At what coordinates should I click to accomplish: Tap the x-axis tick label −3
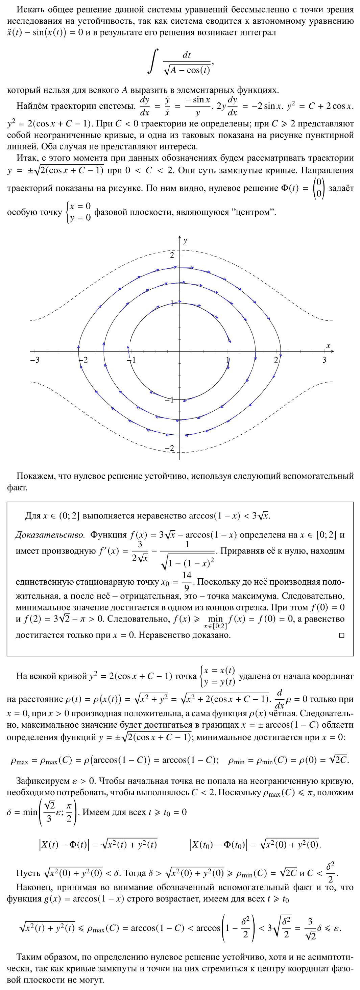(34, 360)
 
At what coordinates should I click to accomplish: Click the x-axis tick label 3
(324, 360)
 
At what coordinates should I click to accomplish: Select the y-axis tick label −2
(169, 448)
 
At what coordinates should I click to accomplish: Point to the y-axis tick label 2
(172, 255)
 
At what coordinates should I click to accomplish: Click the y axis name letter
(185, 241)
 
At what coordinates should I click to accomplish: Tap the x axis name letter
(328, 345)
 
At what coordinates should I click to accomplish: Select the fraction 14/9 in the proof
(187, 581)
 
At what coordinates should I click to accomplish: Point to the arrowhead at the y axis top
(180, 237)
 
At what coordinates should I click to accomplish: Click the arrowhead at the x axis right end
(332, 351)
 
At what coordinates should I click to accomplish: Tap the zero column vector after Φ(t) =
(318, 188)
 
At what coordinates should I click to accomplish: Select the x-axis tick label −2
(83, 360)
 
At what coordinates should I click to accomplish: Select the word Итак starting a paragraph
(26, 158)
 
